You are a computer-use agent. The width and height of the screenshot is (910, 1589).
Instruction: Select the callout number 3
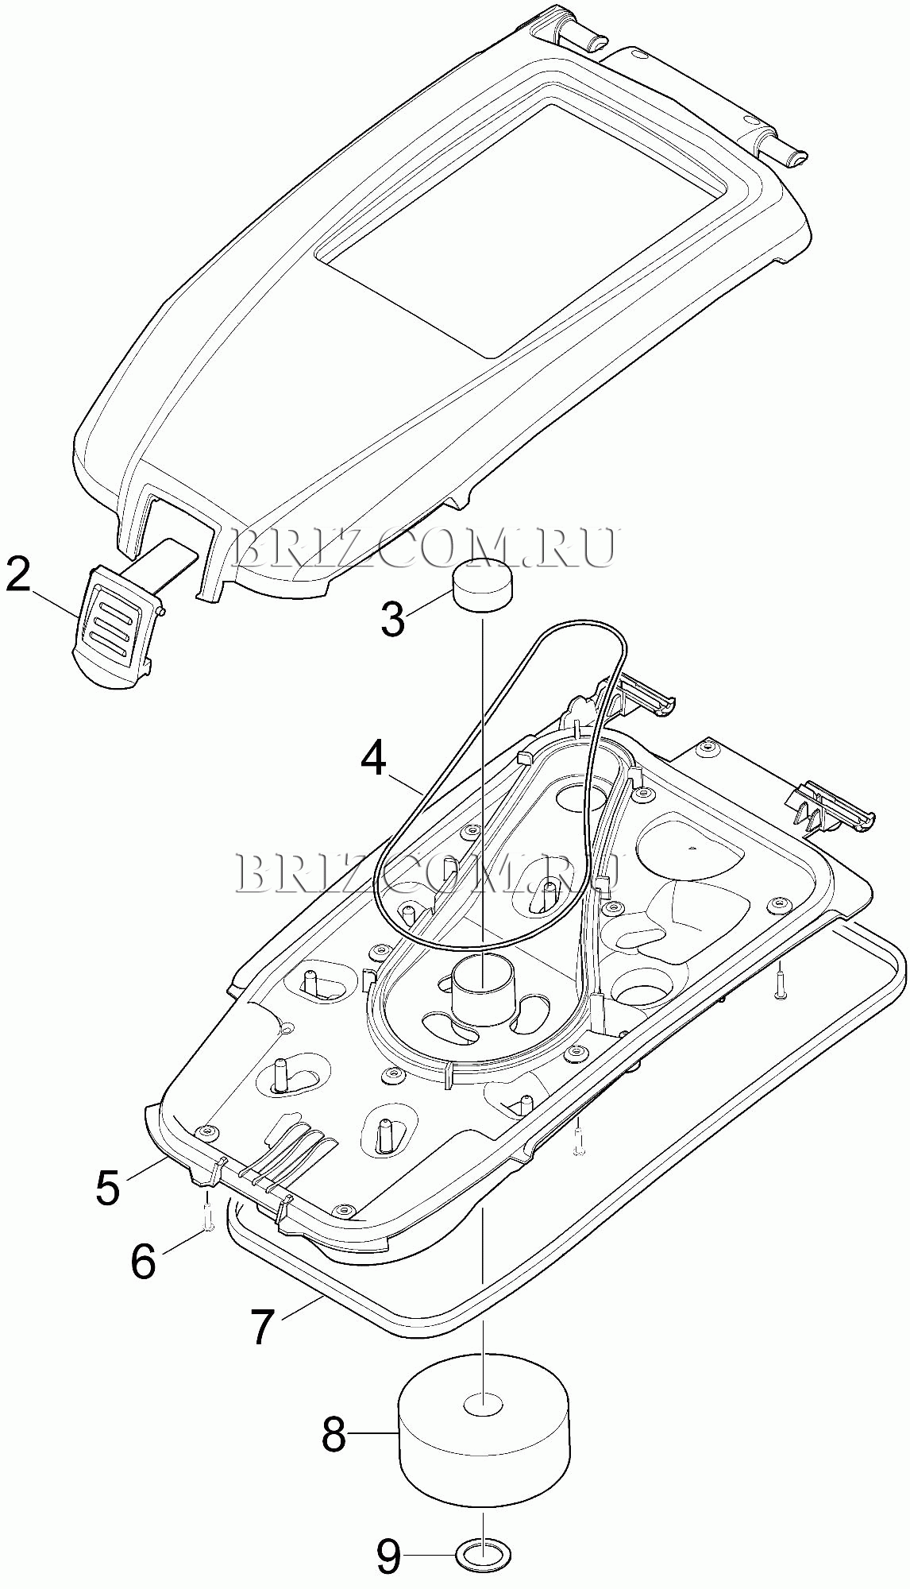point(393,619)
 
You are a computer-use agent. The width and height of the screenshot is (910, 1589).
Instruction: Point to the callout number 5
point(108,1188)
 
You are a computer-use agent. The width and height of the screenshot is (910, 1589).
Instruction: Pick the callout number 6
point(144,1261)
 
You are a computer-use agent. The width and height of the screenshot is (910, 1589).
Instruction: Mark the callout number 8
point(334,1432)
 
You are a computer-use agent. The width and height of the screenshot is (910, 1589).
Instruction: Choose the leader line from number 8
point(373,1432)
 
